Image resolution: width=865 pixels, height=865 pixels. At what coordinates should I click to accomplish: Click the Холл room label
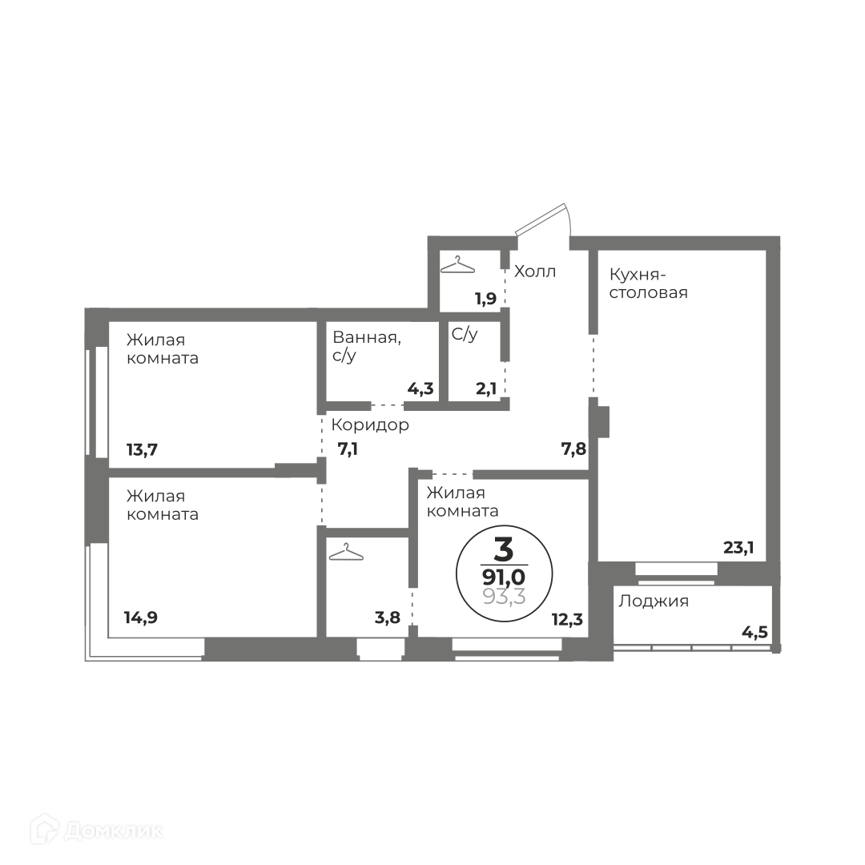[534, 272]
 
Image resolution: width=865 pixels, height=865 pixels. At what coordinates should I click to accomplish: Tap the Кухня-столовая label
[648, 284]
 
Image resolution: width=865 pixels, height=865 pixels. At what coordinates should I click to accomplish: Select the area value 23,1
[738, 548]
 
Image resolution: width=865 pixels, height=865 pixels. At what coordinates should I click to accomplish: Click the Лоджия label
[654, 601]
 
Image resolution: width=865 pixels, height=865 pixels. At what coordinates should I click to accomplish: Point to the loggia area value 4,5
[754, 632]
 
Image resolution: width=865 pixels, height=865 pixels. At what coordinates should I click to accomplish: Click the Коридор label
[370, 424]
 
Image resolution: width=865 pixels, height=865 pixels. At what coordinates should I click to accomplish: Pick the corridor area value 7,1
[348, 449]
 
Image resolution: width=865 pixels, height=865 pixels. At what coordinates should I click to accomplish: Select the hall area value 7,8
[573, 449]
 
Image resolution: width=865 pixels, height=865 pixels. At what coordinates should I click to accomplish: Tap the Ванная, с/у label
[367, 346]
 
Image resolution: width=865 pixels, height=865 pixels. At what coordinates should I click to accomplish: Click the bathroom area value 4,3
[420, 389]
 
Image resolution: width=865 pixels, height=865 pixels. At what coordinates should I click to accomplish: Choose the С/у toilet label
[465, 334]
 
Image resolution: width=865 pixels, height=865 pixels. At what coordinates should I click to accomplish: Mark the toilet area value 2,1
[486, 389]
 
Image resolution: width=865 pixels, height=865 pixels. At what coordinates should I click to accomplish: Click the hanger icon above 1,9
[458, 265]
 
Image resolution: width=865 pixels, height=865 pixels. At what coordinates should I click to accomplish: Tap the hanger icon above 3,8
[347, 552]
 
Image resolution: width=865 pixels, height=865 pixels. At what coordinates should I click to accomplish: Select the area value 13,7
[142, 449]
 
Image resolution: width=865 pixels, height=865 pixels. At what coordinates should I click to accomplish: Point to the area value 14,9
[141, 618]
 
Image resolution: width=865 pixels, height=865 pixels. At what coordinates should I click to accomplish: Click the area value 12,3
[567, 619]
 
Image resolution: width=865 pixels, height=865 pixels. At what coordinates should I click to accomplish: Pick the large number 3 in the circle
[505, 549]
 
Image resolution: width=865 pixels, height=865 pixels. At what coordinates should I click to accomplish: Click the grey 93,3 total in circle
[505, 597]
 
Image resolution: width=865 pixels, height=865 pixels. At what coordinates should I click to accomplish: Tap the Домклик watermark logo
[97, 831]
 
